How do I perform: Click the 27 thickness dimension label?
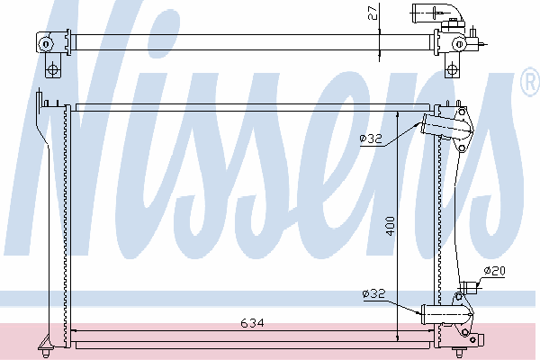(x=373, y=12)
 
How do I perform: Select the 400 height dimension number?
(x=390, y=226)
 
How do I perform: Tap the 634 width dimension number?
(x=252, y=323)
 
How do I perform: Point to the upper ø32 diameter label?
(x=371, y=139)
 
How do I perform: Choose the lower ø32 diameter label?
(x=373, y=294)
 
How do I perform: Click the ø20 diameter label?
(x=494, y=271)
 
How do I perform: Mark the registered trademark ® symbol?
(x=531, y=81)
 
